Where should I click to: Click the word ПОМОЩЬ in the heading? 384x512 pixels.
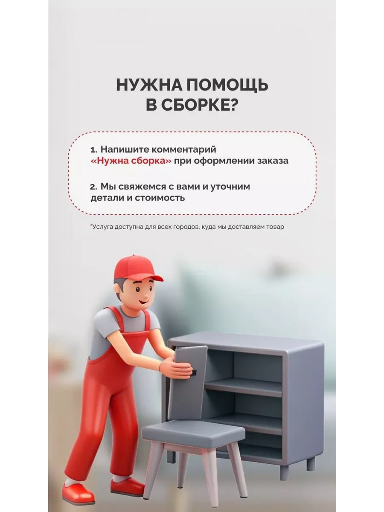[227, 85]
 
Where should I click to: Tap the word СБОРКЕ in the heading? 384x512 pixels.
[200, 105]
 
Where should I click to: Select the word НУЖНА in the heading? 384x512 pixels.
[149, 85]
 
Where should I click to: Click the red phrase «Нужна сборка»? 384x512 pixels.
[131, 161]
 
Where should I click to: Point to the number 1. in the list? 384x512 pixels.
[94, 150]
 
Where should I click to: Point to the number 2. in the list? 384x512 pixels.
[94, 187]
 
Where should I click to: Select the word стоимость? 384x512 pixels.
[160, 198]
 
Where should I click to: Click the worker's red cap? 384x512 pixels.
[137, 269]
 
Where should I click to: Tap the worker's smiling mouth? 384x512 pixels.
[144, 302]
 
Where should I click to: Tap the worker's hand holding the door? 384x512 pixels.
[177, 369]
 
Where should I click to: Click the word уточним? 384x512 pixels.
[230, 187]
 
